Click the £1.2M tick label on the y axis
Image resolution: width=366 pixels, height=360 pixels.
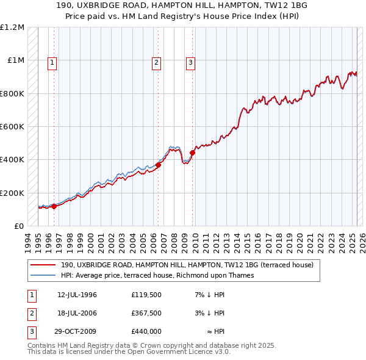[x=13, y=27]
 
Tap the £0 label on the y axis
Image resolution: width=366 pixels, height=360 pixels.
[x=20, y=226]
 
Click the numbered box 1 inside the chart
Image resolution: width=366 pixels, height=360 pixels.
[x=52, y=62]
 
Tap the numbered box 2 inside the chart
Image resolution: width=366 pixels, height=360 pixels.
[x=157, y=62]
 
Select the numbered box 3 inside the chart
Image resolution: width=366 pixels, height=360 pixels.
[x=191, y=62]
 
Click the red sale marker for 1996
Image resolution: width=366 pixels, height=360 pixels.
[x=54, y=206]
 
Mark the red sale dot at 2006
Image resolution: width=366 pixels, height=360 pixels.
[x=158, y=164]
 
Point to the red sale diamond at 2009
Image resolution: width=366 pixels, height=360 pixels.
[x=192, y=153]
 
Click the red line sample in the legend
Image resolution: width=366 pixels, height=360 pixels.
[x=43, y=265]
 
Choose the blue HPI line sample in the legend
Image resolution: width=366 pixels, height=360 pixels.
[x=43, y=275]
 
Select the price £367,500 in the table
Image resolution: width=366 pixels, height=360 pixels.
[x=146, y=313]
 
